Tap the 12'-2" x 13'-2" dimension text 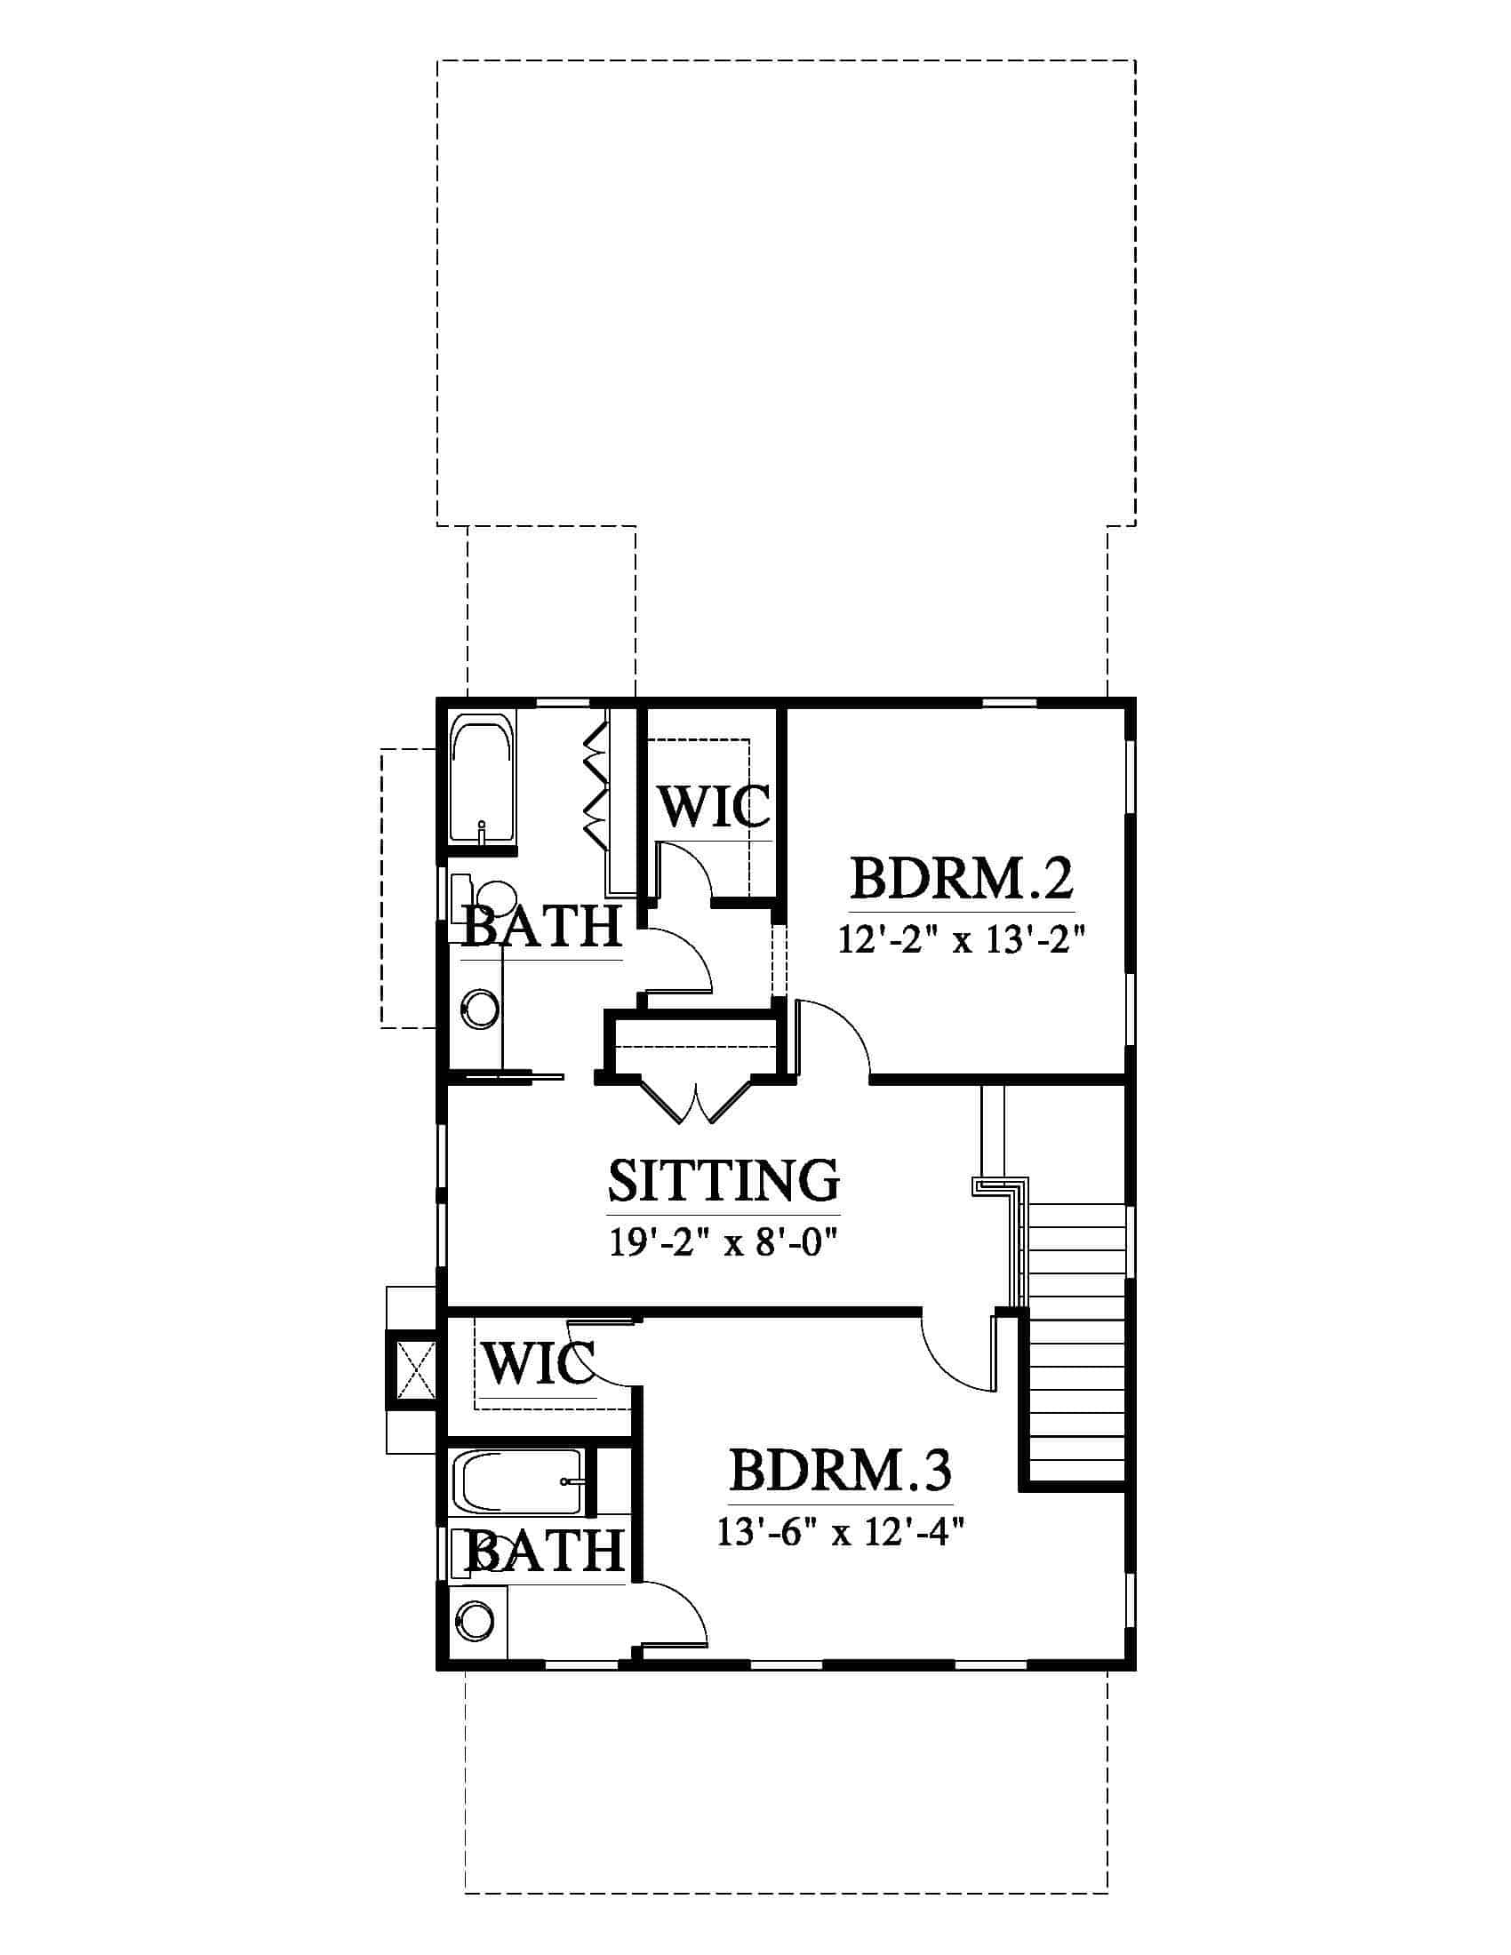tap(963, 940)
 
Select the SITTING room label tap(724, 1180)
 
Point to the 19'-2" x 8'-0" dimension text tap(724, 1243)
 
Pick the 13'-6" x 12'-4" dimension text tap(840, 1534)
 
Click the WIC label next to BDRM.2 tap(715, 806)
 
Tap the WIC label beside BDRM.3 tap(539, 1364)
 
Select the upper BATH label tap(541, 926)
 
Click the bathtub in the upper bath tap(483, 776)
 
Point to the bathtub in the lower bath tap(521, 1482)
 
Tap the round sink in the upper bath tap(483, 1008)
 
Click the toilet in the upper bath tap(488, 896)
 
